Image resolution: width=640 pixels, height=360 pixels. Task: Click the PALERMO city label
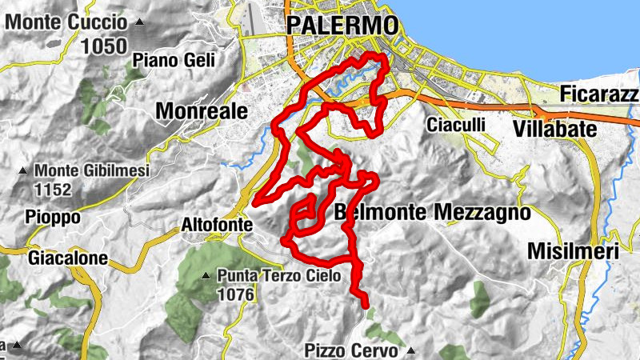[x=342, y=26]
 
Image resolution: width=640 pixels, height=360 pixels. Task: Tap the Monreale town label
[x=202, y=111]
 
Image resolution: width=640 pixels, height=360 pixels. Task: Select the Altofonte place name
[x=217, y=226]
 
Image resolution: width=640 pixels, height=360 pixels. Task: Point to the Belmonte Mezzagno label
[x=433, y=213]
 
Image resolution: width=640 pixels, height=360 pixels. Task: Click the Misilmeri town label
[x=574, y=251]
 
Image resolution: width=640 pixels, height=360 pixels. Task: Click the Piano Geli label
[x=166, y=59]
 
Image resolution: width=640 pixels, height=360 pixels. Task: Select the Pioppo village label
[x=54, y=218]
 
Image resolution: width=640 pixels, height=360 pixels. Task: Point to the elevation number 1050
[x=103, y=46]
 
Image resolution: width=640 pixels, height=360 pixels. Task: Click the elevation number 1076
[x=235, y=295]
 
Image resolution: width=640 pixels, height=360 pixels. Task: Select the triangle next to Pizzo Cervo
[x=411, y=350]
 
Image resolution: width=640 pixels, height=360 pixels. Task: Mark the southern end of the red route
[x=366, y=305]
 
